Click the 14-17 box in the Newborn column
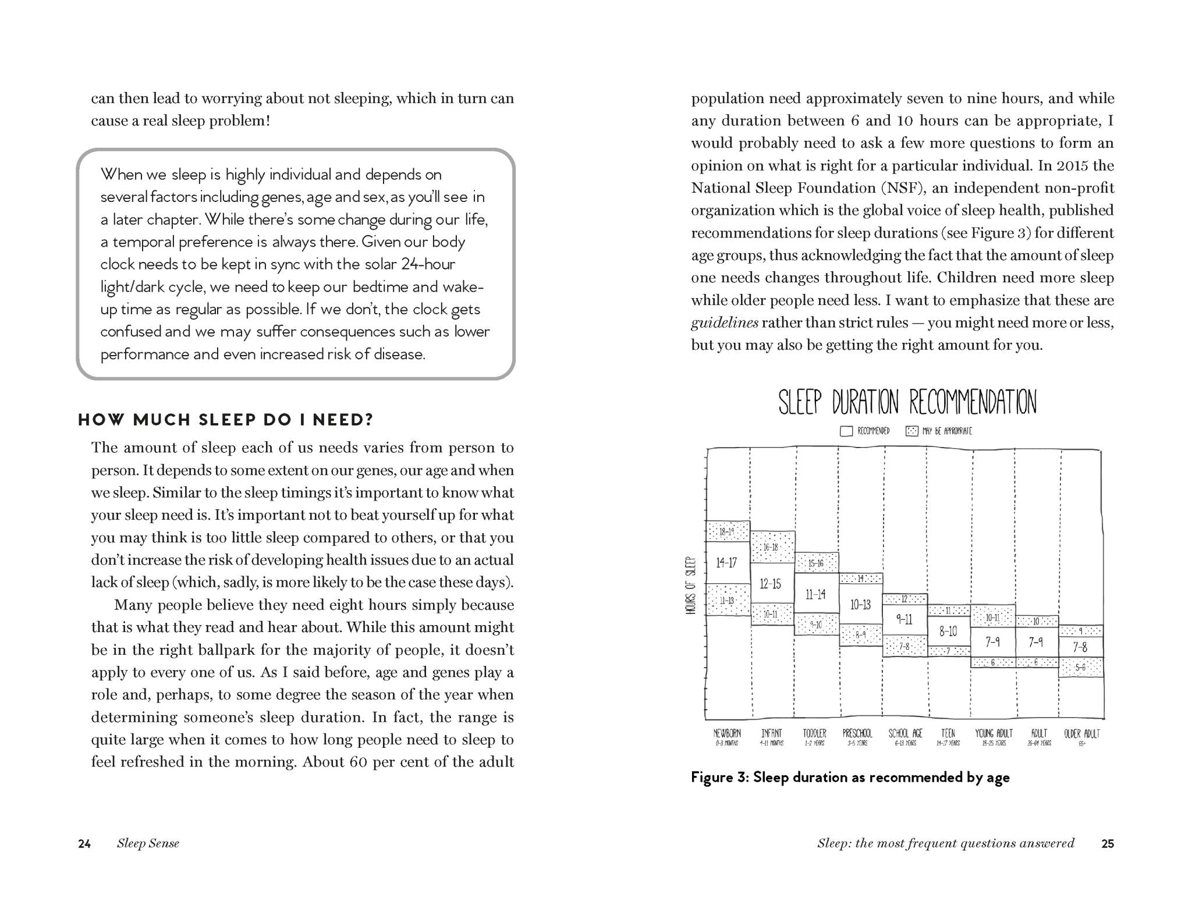click(726, 563)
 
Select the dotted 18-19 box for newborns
click(726, 531)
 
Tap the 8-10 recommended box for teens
click(948, 631)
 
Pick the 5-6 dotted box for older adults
click(1081, 668)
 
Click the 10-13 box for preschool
click(860, 605)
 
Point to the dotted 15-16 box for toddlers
click(816, 563)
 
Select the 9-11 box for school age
click(904, 619)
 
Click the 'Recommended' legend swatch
click(846, 431)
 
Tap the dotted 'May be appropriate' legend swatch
click(911, 431)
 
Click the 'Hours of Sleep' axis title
click(691, 586)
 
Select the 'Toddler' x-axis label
click(815, 734)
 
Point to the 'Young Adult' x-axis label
click(994, 734)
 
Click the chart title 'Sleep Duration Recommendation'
click(907, 402)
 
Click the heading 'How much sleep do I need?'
click(226, 420)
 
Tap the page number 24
click(84, 844)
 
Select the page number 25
click(1108, 844)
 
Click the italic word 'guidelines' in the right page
click(725, 323)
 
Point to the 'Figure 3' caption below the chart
click(850, 778)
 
